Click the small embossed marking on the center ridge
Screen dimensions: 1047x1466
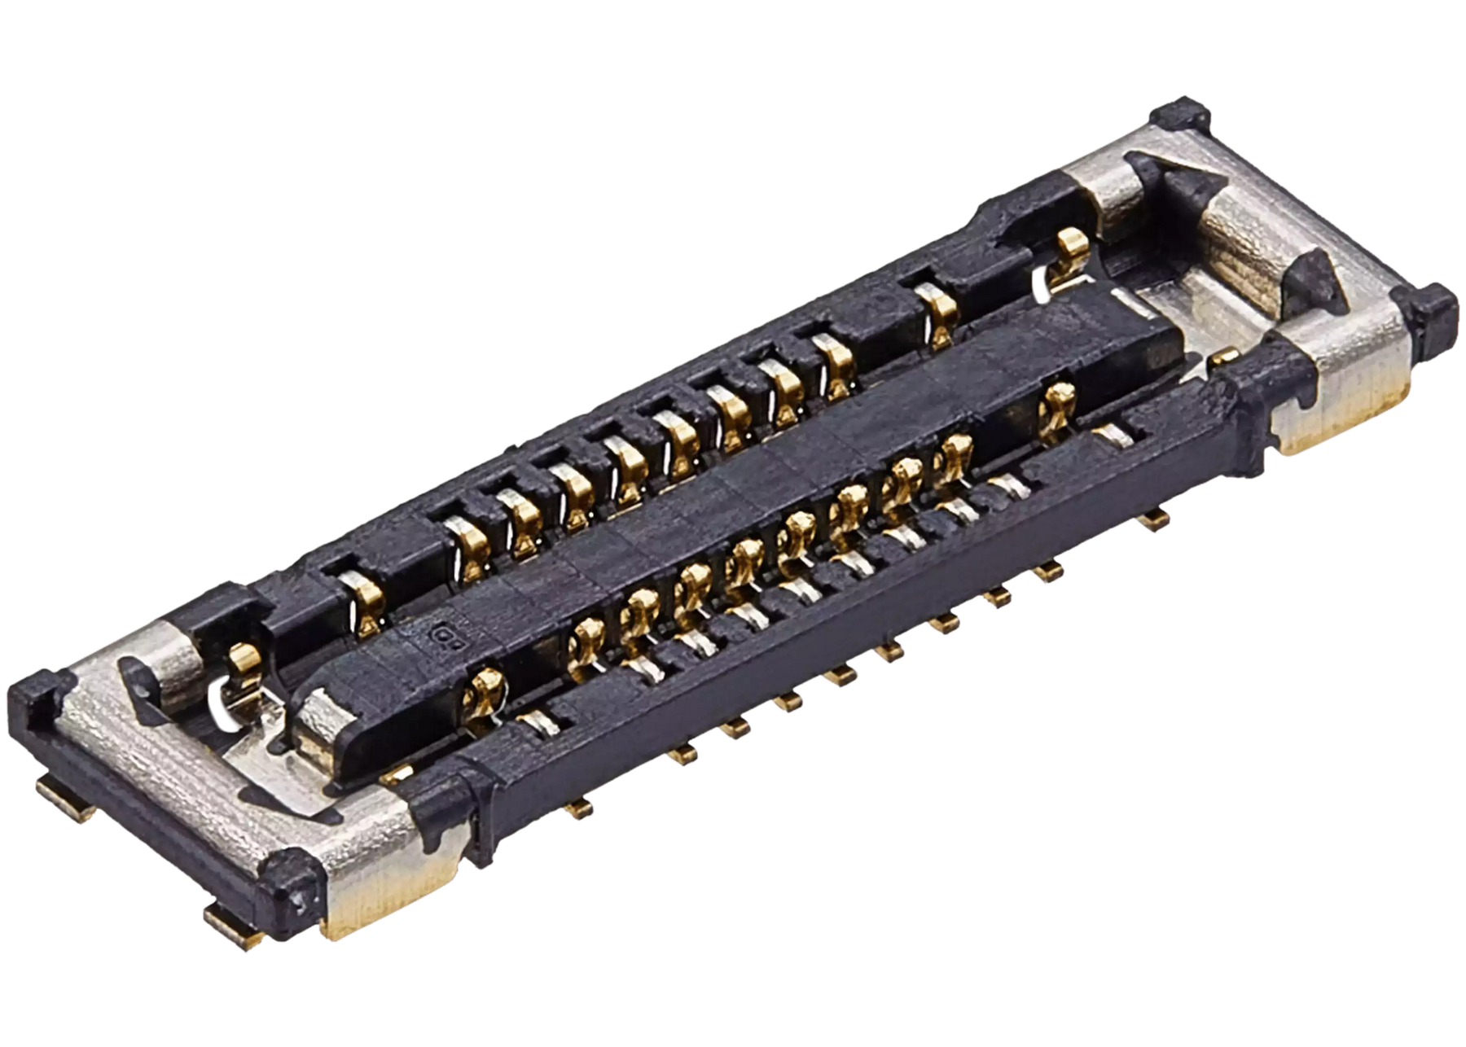tap(446, 636)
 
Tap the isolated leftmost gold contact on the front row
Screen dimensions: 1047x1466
tap(482, 692)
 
